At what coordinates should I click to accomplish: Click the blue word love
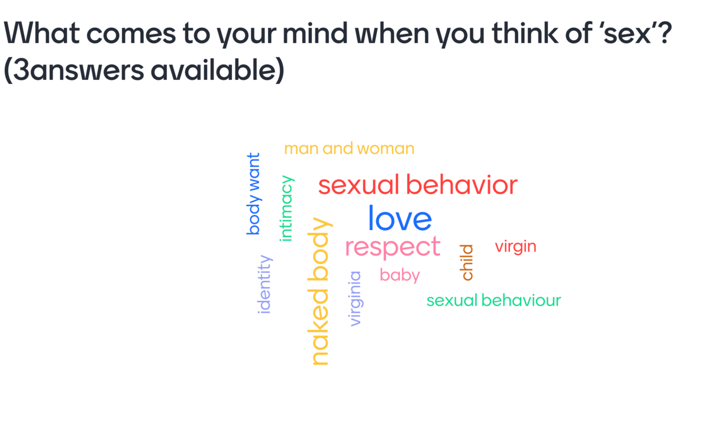click(x=400, y=218)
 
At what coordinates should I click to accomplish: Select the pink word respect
click(x=393, y=247)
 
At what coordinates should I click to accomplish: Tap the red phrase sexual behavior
click(x=418, y=185)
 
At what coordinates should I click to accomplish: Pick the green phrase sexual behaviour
click(x=494, y=300)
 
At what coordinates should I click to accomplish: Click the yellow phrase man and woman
click(x=349, y=149)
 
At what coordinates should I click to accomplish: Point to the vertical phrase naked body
click(x=319, y=291)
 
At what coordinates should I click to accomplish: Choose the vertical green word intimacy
click(x=286, y=208)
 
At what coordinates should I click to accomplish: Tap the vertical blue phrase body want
click(x=254, y=194)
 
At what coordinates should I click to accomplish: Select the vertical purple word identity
click(x=264, y=284)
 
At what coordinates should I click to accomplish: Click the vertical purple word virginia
click(x=356, y=299)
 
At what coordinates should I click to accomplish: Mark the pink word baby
click(x=400, y=275)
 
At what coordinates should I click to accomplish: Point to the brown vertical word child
click(x=466, y=263)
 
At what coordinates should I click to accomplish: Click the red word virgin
click(x=516, y=247)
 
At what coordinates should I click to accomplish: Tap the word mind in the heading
click(x=315, y=33)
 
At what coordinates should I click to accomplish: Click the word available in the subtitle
click(x=214, y=70)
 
